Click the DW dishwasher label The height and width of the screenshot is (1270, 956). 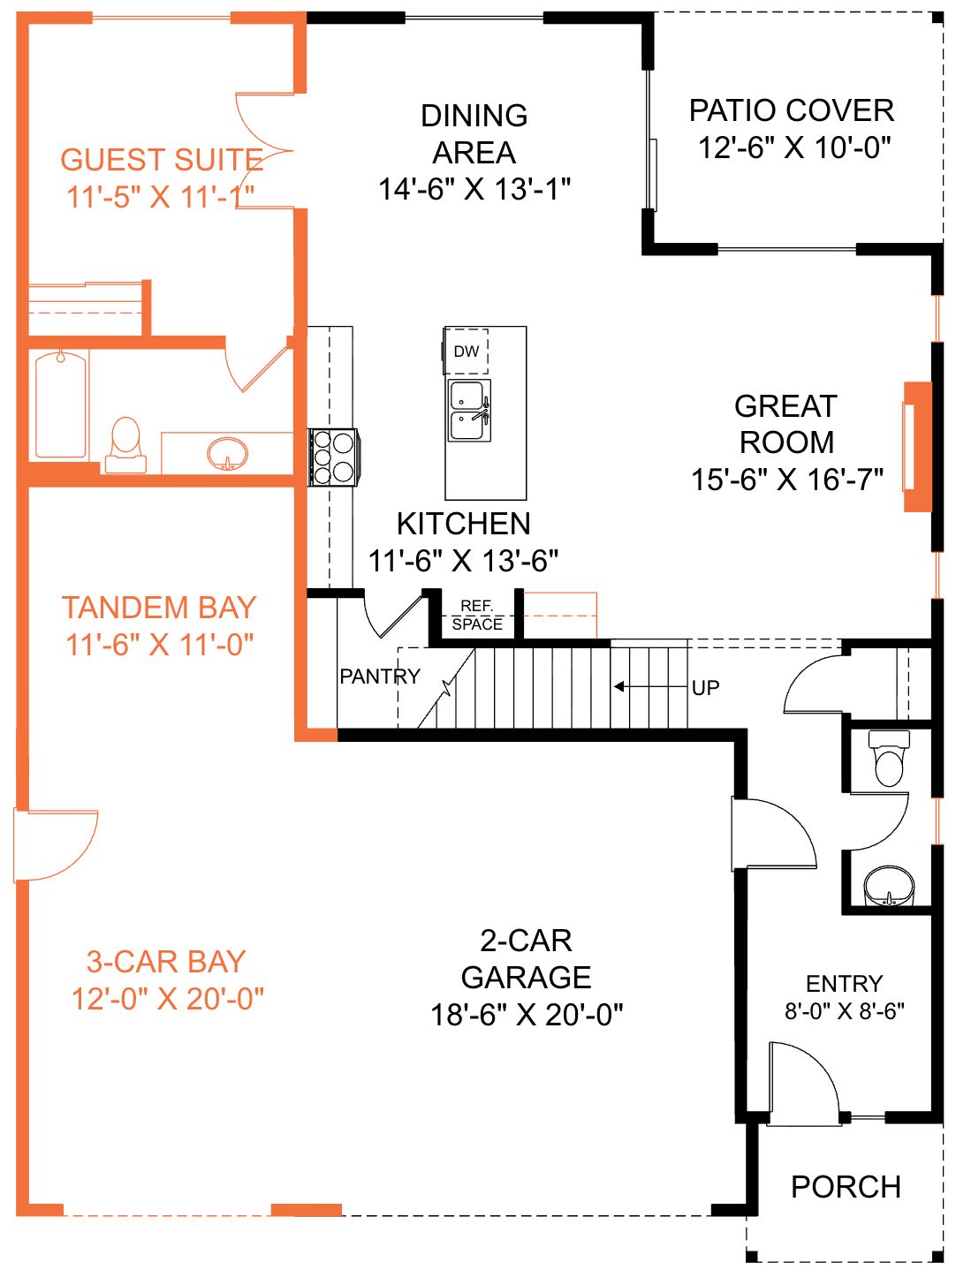pos(466,352)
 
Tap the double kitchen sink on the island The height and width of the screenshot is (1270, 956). pos(469,411)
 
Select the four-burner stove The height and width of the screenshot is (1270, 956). pos(333,457)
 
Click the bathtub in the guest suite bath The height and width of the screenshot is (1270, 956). pos(61,405)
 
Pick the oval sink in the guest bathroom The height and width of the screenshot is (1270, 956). pos(227,454)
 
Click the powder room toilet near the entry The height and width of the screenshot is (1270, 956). pos(889,758)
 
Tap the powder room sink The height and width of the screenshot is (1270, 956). pos(889,886)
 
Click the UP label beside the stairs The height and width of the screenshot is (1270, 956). pos(705,688)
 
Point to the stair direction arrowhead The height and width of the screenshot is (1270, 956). pos(618,687)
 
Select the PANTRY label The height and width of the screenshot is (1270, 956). pos(380,677)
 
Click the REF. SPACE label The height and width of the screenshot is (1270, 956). pos(477,616)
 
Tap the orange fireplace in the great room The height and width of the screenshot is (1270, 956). pos(918,447)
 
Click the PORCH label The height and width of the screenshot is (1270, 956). pos(846,1187)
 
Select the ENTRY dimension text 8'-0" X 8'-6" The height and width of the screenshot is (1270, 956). pos(845,1011)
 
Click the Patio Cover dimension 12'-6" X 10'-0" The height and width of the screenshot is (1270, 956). pos(794,147)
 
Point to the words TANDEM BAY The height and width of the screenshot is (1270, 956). pos(158,608)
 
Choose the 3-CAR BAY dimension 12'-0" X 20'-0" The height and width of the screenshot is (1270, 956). pos(167,999)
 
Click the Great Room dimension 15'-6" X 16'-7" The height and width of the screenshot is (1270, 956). pos(787,480)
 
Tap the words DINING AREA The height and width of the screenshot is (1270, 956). pos(474,134)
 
